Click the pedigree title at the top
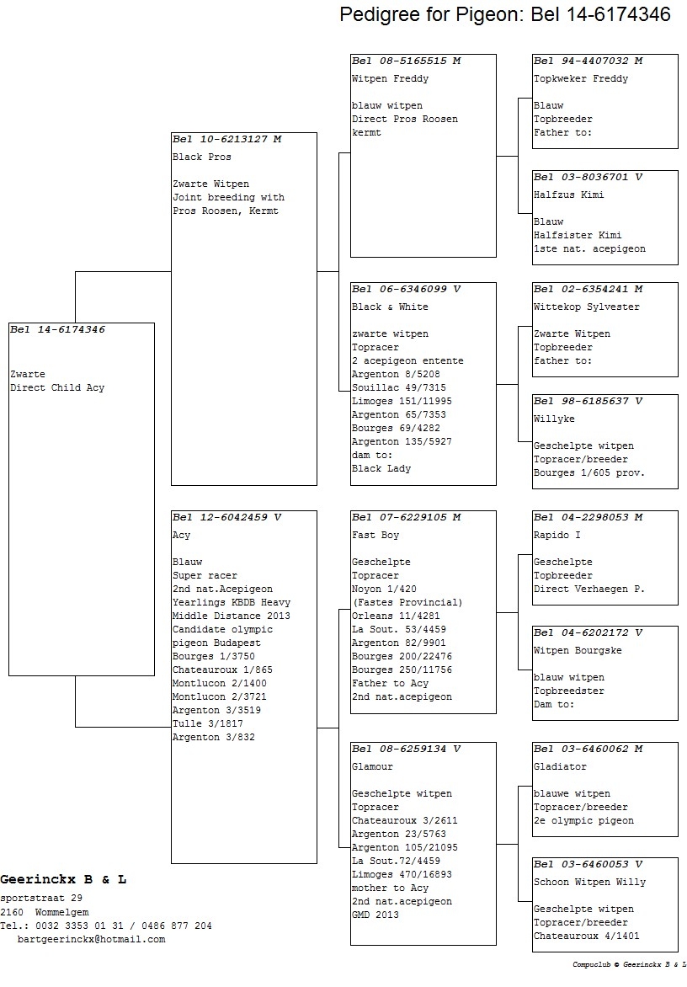pos(505,13)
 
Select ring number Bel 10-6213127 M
pos(227,139)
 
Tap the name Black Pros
pos(202,157)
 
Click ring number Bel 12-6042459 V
pos(227,517)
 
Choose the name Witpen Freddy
pos(390,78)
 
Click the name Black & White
pos(390,307)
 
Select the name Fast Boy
pos(375,535)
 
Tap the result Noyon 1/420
pos(385,590)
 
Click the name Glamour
pos(372,766)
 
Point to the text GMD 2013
pos(375,915)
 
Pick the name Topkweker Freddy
pos(581,78)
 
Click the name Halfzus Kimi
pos(569,195)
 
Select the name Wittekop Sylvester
pos(586,307)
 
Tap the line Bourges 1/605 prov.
pos(589,472)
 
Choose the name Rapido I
pos(557,535)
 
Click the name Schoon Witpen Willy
pos(589,883)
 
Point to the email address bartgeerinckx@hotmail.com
pos(91,939)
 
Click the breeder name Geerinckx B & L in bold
pos(63,879)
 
